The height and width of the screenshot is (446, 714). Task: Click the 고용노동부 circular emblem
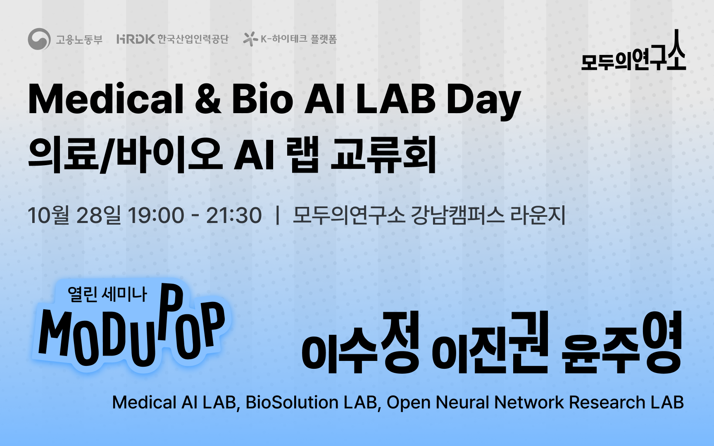(x=39, y=39)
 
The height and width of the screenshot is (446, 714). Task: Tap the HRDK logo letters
(x=136, y=39)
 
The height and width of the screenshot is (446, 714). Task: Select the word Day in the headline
(x=484, y=101)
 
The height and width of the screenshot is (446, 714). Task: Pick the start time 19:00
(x=156, y=216)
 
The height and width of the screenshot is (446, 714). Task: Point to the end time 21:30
(x=234, y=216)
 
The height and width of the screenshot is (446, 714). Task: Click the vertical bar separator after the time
(x=278, y=216)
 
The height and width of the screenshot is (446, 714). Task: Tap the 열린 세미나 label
(x=107, y=294)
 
